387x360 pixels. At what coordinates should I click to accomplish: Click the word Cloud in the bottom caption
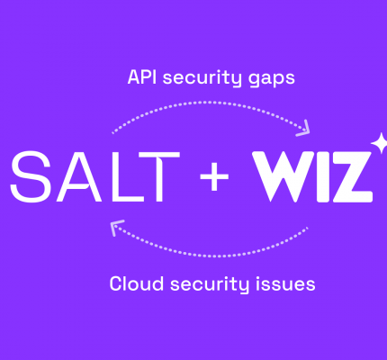click(x=137, y=283)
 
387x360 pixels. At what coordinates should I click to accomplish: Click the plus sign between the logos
click(x=214, y=176)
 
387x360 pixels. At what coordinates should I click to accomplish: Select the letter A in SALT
click(x=78, y=176)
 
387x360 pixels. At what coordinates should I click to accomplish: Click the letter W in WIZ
click(x=283, y=176)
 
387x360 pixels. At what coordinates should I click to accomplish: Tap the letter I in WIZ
click(x=324, y=176)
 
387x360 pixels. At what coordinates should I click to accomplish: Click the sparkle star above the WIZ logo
click(x=379, y=143)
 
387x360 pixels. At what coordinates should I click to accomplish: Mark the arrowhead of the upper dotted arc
click(x=303, y=129)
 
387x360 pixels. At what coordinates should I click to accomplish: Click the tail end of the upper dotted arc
click(x=112, y=133)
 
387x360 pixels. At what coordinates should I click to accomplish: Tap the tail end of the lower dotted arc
click(x=307, y=229)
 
